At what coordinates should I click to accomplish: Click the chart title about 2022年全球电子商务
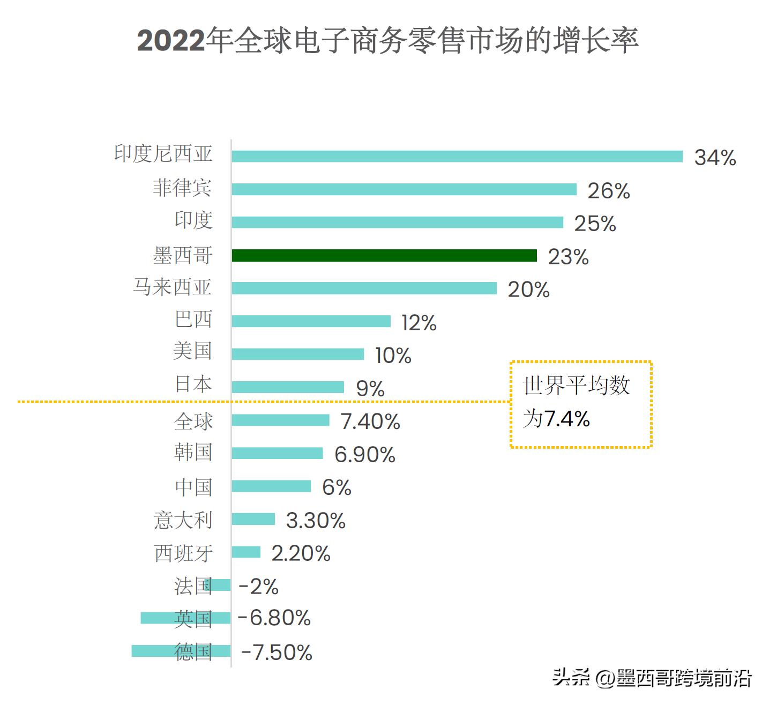tap(387, 41)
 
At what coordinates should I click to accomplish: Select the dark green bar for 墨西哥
tap(384, 256)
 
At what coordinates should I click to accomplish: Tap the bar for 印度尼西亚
tap(457, 157)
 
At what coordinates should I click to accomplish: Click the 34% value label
tap(715, 158)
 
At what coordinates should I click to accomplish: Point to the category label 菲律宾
tap(182, 188)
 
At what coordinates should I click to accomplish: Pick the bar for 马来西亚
tap(364, 288)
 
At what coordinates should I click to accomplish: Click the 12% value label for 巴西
tap(419, 323)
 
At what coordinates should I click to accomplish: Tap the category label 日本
tap(193, 384)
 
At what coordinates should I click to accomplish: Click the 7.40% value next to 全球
tap(370, 422)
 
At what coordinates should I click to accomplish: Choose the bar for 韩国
tap(277, 454)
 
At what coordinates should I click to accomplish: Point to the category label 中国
tap(193, 487)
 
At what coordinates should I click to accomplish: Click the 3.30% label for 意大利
tap(316, 521)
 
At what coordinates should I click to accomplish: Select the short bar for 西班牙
tap(246, 552)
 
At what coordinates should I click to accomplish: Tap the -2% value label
tap(258, 587)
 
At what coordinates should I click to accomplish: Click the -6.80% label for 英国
tap(274, 618)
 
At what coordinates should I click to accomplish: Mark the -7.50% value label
tap(277, 653)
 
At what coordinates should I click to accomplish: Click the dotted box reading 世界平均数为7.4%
tap(581, 404)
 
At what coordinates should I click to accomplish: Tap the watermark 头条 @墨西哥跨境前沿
tap(652, 678)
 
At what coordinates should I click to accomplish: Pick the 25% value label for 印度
tap(595, 224)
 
